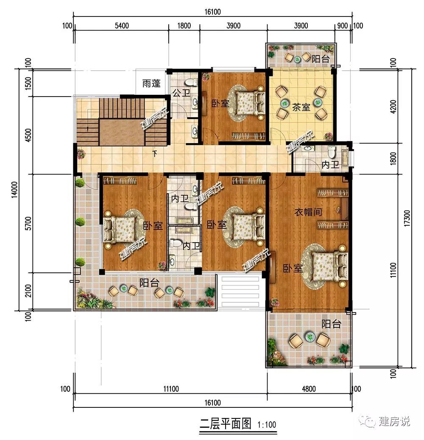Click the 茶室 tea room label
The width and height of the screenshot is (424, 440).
[301, 107]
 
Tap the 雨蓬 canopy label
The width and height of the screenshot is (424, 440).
[151, 83]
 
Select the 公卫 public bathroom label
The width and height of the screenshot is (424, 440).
[181, 93]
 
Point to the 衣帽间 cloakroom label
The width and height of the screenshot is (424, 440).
[308, 212]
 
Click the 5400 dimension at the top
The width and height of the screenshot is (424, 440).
[122, 26]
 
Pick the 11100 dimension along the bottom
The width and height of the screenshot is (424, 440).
[171, 389]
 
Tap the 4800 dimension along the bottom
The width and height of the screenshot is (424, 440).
[309, 389]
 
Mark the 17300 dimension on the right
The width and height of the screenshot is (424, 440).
[408, 218]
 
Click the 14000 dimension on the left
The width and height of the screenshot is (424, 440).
[14, 190]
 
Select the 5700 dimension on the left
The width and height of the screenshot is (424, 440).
[28, 223]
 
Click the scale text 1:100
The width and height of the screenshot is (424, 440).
[267, 425]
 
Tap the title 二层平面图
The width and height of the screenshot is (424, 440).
[225, 423]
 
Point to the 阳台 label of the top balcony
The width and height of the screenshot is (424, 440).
[320, 58]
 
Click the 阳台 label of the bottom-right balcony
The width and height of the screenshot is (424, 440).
[331, 324]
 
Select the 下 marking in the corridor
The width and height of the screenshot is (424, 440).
[154, 153]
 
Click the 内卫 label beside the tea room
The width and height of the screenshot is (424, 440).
[330, 164]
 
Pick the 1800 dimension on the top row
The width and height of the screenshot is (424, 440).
[184, 26]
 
